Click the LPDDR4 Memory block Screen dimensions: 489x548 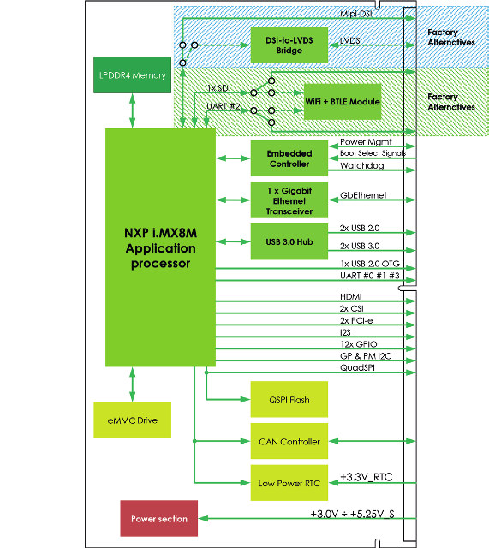pos(132,74)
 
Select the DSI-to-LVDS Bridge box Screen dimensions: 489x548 pos(289,45)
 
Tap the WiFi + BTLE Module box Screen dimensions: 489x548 pos(343,102)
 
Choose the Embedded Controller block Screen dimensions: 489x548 pos(289,158)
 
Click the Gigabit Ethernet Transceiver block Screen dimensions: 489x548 pos(289,200)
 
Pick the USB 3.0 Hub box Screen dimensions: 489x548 pos(289,241)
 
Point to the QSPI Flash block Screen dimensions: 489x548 pos(289,400)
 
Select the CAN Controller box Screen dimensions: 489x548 pos(289,441)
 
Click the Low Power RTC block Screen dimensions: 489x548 pos(289,483)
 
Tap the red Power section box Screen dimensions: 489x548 pos(159,519)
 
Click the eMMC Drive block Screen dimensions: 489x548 pos(132,420)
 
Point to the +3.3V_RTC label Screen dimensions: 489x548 pos(367,477)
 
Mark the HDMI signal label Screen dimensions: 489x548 pos(351,296)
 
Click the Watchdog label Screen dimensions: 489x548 pos(361,165)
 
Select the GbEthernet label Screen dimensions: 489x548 pos(363,195)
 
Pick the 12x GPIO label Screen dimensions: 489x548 pos(359,344)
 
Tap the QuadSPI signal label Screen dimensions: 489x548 pos(357,367)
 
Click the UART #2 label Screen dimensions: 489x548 pos(224,106)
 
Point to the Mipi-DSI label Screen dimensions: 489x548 pos(355,14)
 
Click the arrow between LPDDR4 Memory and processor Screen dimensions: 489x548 pos(132,110)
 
